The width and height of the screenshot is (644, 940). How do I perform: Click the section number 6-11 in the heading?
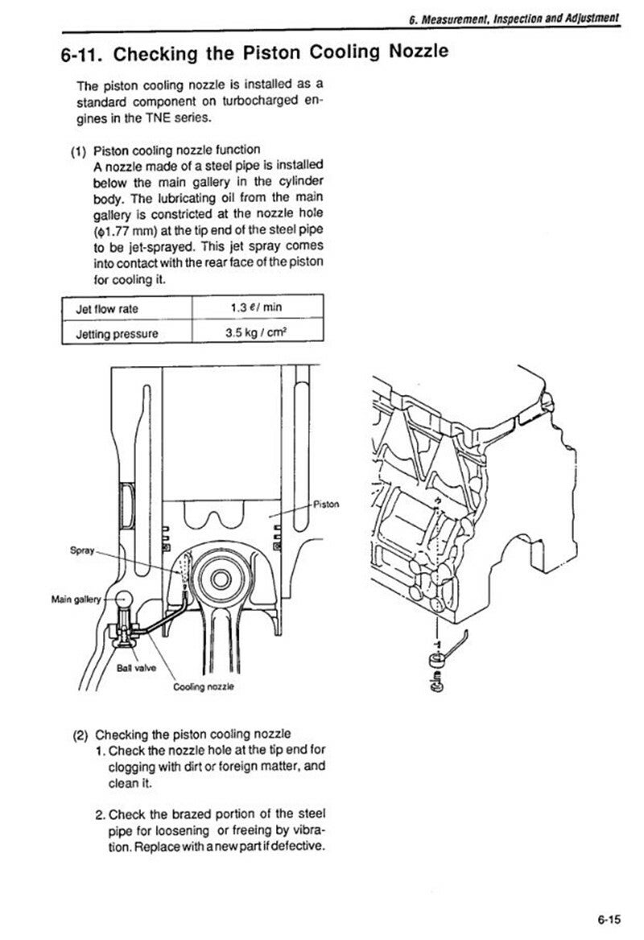tap(80, 55)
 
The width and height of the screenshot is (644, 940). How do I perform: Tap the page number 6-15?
tap(609, 919)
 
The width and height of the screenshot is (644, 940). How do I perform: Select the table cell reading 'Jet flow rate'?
tap(107, 309)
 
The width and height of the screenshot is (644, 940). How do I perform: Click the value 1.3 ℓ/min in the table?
tap(256, 307)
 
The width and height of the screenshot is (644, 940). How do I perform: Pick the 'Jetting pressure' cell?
tap(117, 334)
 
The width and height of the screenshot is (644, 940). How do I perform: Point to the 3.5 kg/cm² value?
tap(255, 332)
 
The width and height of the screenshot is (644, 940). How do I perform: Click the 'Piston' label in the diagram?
tap(326, 504)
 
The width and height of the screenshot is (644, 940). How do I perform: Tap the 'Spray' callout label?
tap(82, 550)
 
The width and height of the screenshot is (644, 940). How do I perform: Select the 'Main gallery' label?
tap(76, 599)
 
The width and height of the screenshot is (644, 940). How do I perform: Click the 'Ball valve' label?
tap(137, 668)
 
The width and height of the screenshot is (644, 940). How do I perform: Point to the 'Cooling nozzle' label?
tap(204, 686)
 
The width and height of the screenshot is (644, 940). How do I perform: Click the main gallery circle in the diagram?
tap(123, 600)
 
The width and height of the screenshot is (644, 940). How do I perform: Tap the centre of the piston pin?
tap(221, 579)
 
